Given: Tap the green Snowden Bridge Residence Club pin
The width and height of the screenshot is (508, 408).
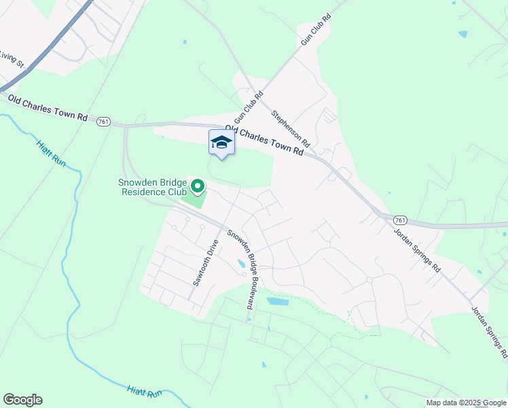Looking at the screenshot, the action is point(197,186).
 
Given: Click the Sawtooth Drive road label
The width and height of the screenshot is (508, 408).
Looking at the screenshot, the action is point(206,262).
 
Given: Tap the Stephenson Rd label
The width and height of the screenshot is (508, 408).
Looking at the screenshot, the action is point(291,129).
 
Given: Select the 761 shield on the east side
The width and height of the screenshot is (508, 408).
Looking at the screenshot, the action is point(399,220).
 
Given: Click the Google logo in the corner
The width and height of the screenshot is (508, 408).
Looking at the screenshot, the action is point(22,400).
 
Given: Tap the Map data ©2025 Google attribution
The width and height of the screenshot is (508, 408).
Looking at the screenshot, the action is point(466,403).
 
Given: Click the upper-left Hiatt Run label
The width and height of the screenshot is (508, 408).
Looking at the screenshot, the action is point(52,152).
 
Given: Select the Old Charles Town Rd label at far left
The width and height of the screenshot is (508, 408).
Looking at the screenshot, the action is point(47,107).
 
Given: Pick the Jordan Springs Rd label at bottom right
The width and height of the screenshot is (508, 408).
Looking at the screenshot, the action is point(490,331).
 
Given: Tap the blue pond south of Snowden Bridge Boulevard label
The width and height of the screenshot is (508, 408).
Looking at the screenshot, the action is point(278,301).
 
